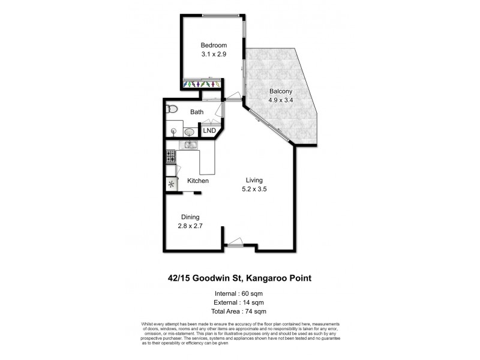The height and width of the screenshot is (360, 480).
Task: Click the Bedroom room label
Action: coord(214,45)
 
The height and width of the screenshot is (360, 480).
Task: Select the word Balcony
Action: coord(280,91)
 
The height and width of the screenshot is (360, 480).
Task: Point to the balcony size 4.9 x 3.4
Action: coord(280,100)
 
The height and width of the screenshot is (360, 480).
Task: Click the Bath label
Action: coord(197,112)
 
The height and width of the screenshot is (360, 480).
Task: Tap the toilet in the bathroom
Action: coord(172,109)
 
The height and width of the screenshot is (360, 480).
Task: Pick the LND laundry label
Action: coord(209,131)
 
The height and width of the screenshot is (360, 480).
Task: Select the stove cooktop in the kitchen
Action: coord(170,157)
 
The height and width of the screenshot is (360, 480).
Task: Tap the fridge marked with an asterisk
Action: coord(172,184)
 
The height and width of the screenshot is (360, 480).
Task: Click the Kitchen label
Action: coord(198,181)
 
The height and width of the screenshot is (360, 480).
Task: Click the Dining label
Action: coord(190,217)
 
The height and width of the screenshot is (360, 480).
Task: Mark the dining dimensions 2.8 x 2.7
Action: coord(190,226)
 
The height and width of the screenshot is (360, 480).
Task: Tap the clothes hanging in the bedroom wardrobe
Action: coord(200,84)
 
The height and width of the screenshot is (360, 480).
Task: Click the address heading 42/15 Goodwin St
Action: coord(239,278)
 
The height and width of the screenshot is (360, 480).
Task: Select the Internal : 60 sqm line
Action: coord(239,293)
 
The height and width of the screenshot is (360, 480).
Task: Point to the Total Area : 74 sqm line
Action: coord(239,311)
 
